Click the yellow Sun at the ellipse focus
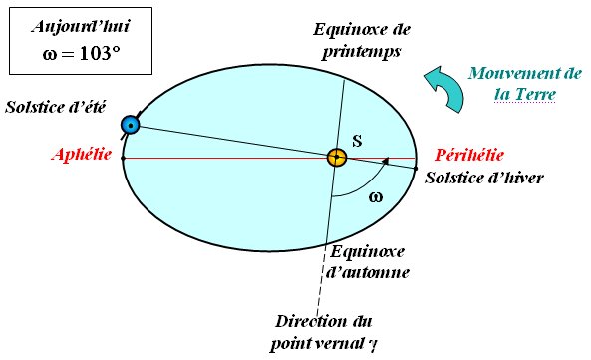click(337, 157)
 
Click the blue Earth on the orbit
click(129, 125)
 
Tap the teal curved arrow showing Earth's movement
click(441, 86)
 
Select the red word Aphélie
click(83, 156)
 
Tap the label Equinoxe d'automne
click(367, 260)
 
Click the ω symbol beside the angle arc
click(375, 196)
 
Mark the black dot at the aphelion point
click(122, 158)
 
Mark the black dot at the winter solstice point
click(417, 168)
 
